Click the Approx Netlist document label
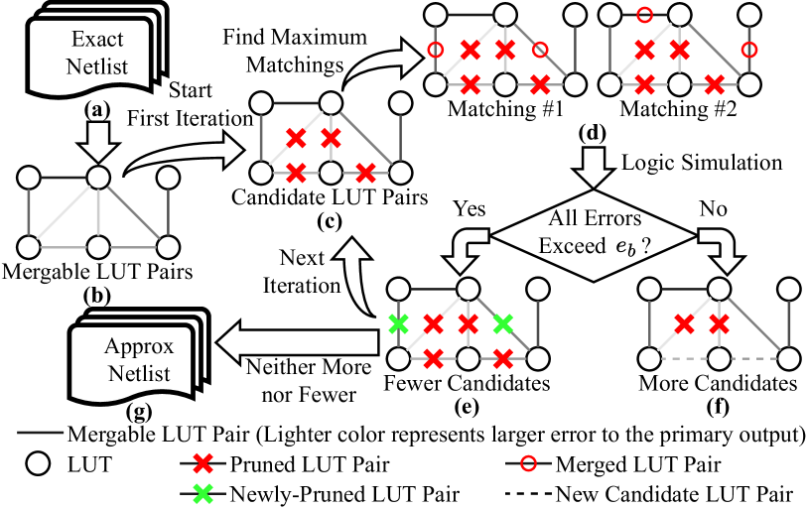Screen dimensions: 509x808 [139, 360]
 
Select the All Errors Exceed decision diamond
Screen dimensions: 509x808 [593, 233]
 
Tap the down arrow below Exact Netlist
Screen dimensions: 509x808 [97, 142]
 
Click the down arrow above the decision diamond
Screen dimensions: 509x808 [594, 168]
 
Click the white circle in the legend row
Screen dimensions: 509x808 [38, 462]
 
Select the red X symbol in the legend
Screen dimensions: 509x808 [202, 462]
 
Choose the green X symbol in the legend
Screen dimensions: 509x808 [202, 492]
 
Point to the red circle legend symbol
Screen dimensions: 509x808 [528, 462]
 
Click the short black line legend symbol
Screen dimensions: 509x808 [41, 433]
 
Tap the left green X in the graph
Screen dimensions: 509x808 [398, 322]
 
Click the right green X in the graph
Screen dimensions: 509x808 [503, 322]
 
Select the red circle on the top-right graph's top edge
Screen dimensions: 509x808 [644, 15]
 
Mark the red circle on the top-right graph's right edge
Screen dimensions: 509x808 [749, 50]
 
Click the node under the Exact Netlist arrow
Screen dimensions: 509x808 [97, 177]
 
